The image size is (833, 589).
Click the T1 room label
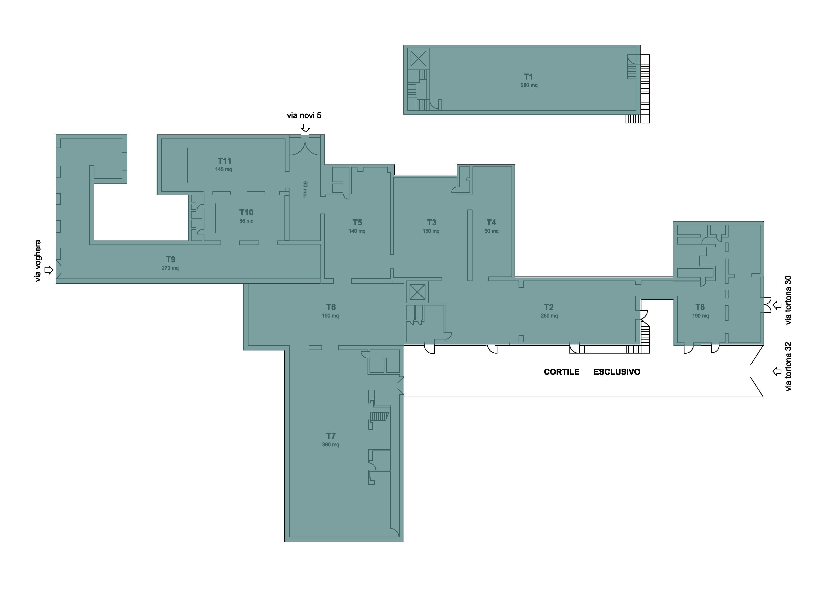[x=528, y=77]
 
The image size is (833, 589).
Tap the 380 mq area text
[x=331, y=444]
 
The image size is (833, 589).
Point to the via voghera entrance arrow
[x=49, y=270]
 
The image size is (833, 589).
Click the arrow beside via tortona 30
[x=777, y=305]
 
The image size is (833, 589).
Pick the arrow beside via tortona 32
[x=777, y=371]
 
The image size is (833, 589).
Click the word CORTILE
[x=562, y=372]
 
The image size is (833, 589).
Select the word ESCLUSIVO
[x=617, y=372]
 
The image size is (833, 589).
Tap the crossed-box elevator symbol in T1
[x=418, y=58]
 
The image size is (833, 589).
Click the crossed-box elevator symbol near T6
[x=417, y=292]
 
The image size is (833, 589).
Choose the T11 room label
[x=224, y=161]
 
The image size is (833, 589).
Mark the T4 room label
[x=491, y=222]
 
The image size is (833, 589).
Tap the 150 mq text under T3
[x=431, y=231]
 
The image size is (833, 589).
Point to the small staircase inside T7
[x=379, y=416]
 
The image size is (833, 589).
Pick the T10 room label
[x=246, y=212]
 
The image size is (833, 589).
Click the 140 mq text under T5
[x=357, y=231]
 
